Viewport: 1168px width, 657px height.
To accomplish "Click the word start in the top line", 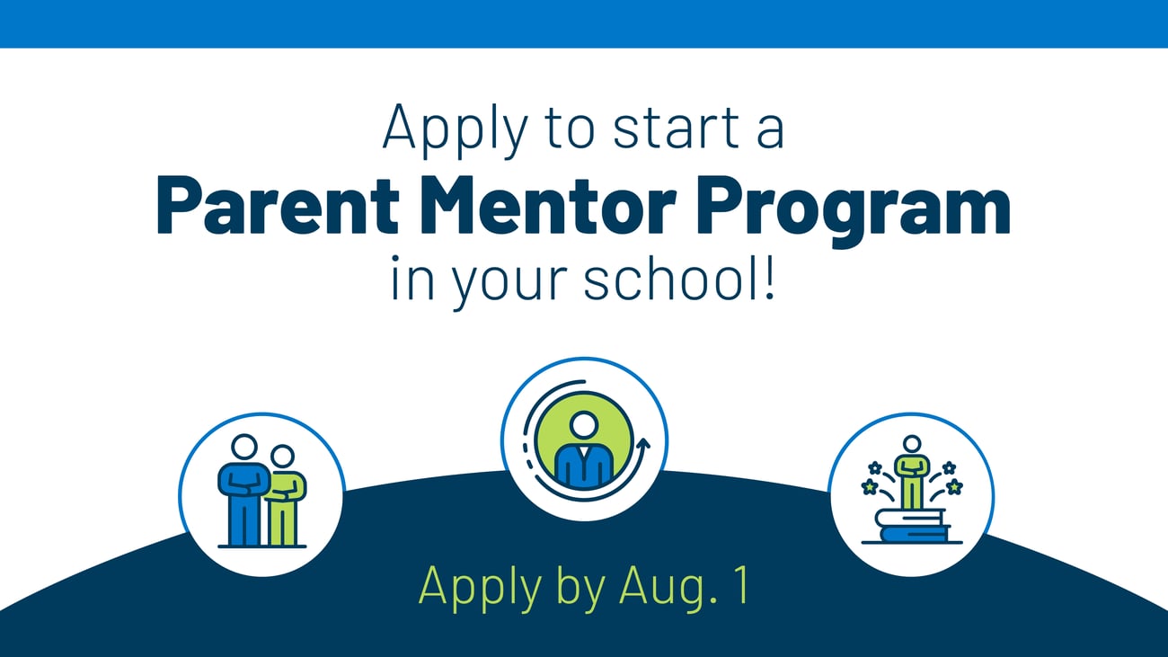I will tap(645, 129).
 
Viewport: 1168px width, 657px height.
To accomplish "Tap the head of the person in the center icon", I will tap(584, 422).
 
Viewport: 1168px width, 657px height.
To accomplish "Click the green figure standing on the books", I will tap(912, 474).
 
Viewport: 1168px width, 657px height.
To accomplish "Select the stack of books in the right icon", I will tap(911, 526).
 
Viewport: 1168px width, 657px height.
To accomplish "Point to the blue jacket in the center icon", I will tap(584, 463).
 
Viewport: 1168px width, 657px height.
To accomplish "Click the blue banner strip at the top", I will tap(584, 23).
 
